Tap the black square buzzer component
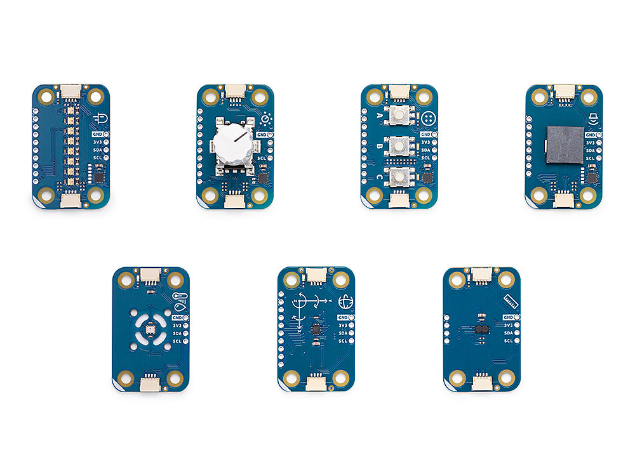click(565, 145)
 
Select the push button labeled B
click(399, 147)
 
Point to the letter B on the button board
click(380, 147)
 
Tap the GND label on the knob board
click(261, 135)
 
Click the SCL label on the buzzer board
click(590, 158)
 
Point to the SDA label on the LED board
click(97, 150)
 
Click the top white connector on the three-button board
click(399, 93)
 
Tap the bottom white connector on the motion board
click(316, 382)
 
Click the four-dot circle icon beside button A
click(429, 118)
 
